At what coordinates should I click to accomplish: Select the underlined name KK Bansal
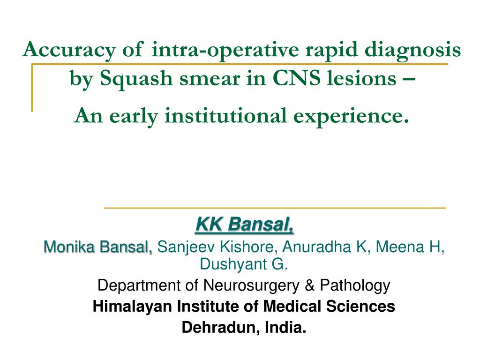(x=244, y=225)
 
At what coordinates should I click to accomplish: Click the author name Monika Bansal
(x=98, y=246)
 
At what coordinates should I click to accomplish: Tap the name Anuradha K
(x=317, y=246)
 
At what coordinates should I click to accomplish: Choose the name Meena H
(x=411, y=246)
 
